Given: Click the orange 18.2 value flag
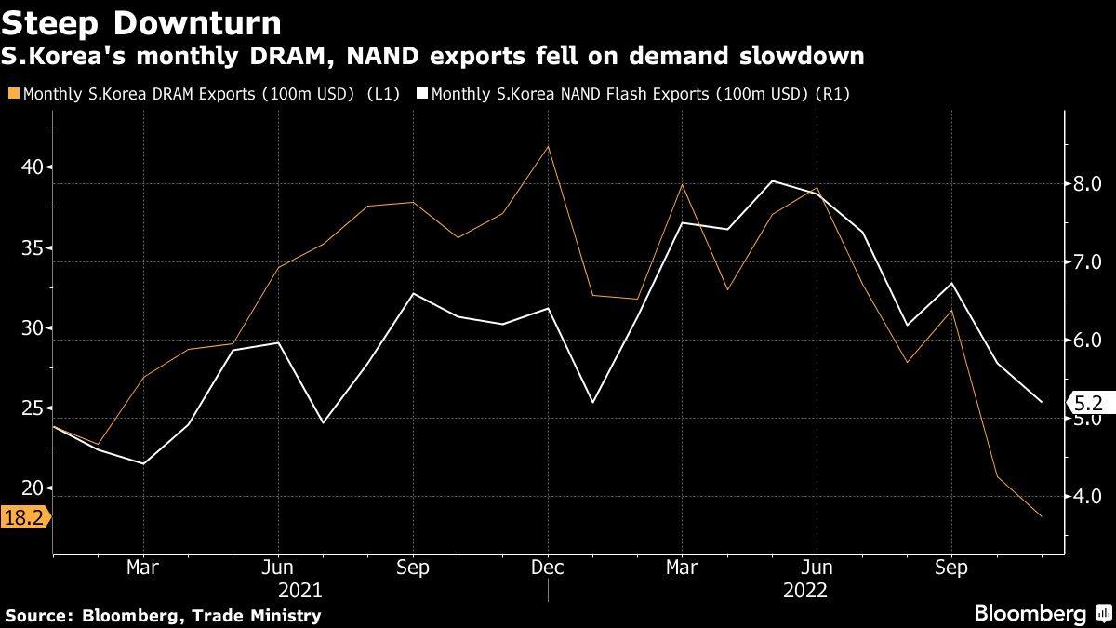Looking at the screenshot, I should click(23, 518).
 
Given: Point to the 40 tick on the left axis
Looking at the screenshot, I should click(32, 168).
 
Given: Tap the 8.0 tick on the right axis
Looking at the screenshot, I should click(1086, 183).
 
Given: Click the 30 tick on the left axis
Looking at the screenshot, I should click(32, 329).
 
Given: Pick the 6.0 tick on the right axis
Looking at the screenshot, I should click(1086, 341).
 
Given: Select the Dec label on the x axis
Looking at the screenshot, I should click(547, 568).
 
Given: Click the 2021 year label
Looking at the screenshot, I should click(299, 591).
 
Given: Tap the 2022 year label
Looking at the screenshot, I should click(804, 591).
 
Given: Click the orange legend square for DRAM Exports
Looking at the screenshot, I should click(12, 94).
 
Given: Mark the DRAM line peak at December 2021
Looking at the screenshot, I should click(548, 147).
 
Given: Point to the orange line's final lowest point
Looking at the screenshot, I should click(1041, 515).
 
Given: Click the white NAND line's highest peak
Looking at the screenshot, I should click(772, 181).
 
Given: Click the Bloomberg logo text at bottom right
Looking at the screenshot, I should click(1030, 613).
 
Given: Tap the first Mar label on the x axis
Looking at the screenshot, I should click(143, 568).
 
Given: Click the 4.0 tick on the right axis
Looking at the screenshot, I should click(1086, 497).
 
